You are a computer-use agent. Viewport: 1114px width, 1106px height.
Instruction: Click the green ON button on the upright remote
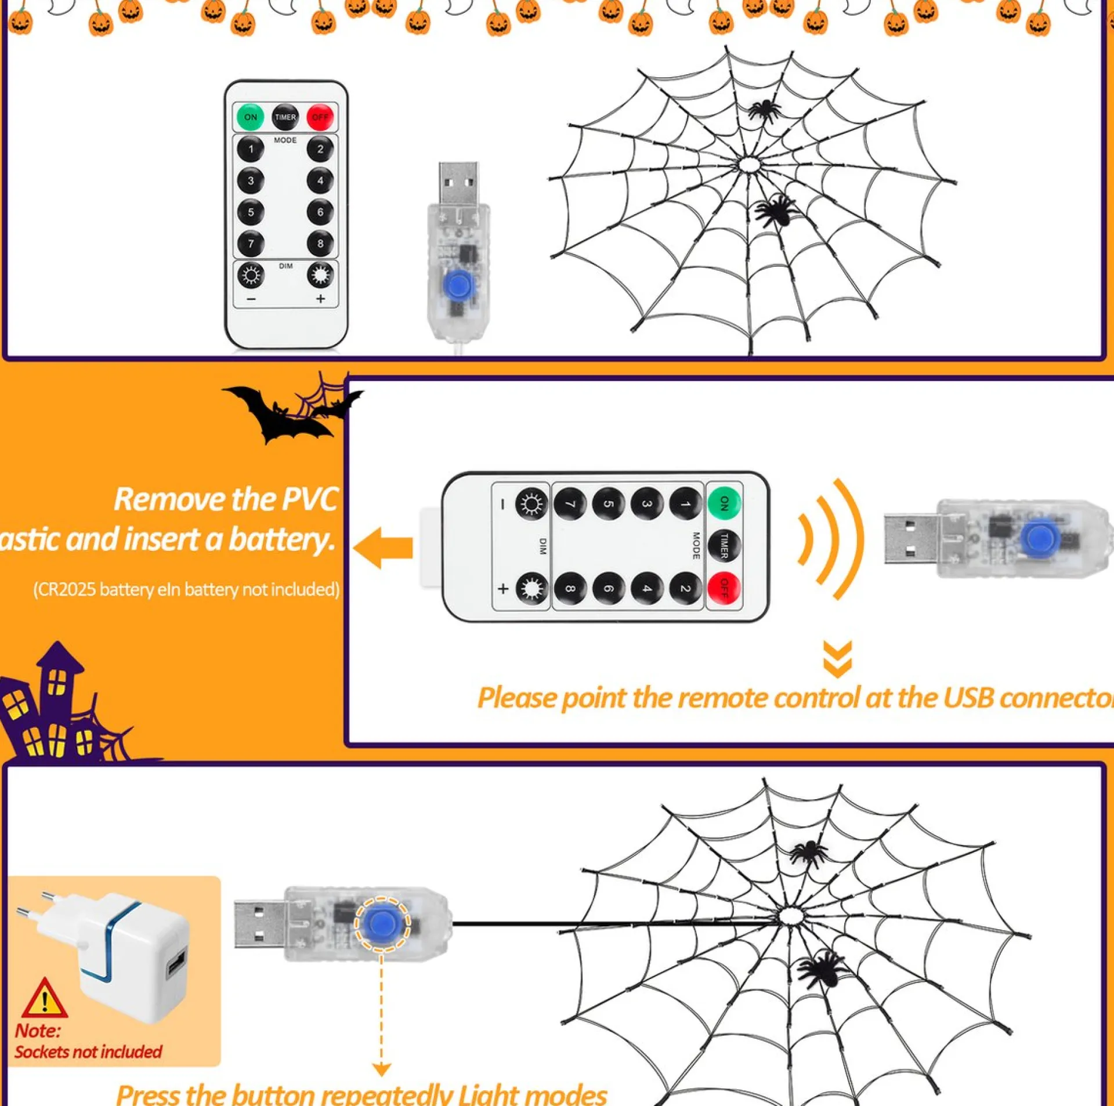point(250,117)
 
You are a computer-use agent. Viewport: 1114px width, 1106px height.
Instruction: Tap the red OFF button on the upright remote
point(320,117)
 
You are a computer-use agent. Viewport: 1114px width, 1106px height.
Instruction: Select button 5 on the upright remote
point(250,212)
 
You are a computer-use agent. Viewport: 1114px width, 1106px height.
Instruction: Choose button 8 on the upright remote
point(320,244)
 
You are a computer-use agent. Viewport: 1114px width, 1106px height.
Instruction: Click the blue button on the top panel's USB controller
point(458,285)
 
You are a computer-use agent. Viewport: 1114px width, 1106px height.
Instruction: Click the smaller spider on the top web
point(764,110)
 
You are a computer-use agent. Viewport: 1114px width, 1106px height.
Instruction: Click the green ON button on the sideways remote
point(724,503)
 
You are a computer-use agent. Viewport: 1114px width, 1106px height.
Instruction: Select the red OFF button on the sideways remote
point(724,589)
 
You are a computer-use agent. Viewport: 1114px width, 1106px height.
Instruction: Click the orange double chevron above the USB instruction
point(837,659)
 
